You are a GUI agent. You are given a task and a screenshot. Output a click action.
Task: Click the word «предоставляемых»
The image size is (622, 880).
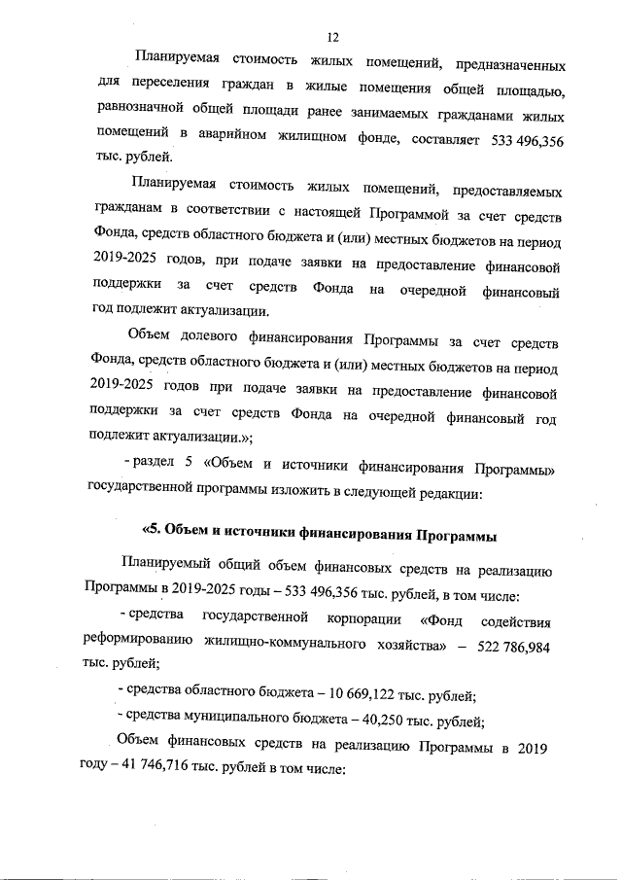(x=503, y=192)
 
